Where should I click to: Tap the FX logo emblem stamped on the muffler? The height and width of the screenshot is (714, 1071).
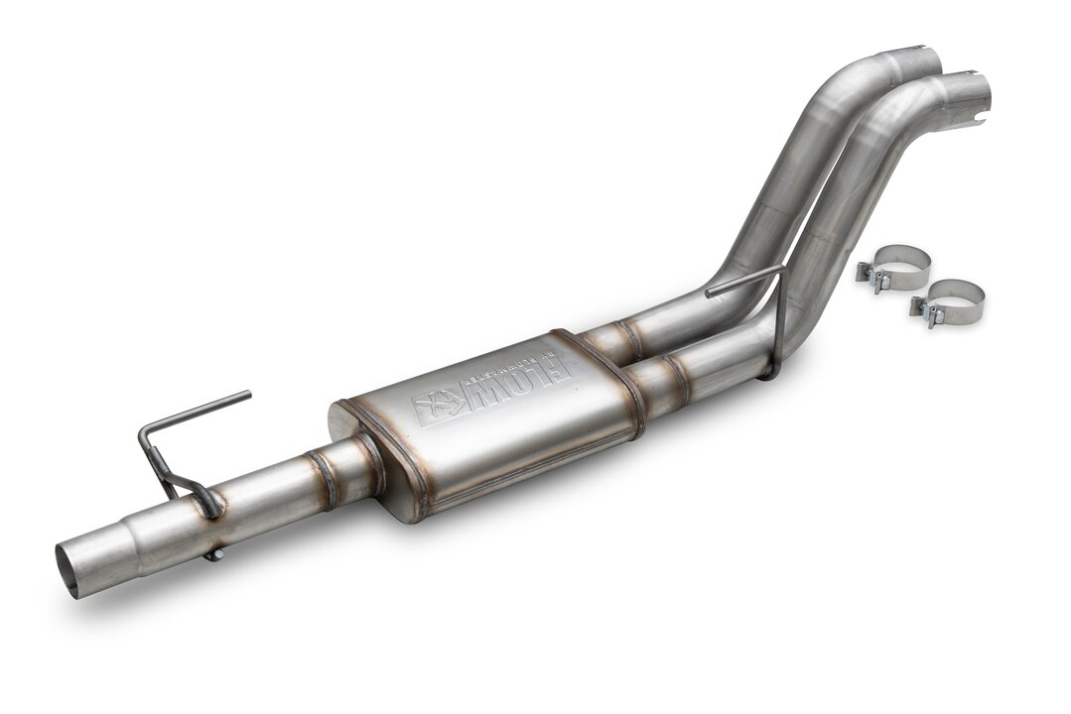point(437,404)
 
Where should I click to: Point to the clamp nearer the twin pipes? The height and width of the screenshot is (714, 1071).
point(893,266)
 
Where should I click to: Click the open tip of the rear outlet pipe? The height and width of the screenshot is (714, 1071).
point(923,58)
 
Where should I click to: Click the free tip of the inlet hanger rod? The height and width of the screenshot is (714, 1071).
point(246,395)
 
